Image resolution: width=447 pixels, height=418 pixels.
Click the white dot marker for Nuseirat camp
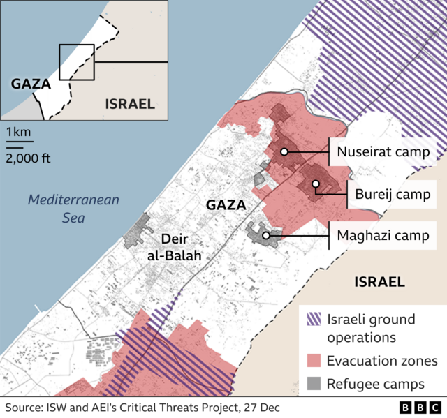[x=284, y=151]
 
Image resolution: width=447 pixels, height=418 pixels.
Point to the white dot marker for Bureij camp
[x=316, y=185]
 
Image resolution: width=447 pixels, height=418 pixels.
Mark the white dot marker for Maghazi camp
[x=266, y=236]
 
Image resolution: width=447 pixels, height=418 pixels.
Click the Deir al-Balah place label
[x=175, y=246]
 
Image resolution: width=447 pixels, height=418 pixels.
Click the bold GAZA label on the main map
[x=226, y=205]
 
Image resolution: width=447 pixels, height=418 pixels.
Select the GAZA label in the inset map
[x=31, y=84]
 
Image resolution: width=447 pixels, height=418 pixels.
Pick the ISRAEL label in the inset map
[x=129, y=104]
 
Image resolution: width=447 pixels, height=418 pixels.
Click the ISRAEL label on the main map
[x=379, y=282]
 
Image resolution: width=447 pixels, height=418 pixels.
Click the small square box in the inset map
[x=76, y=63]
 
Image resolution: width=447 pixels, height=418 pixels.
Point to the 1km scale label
[x=19, y=133]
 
